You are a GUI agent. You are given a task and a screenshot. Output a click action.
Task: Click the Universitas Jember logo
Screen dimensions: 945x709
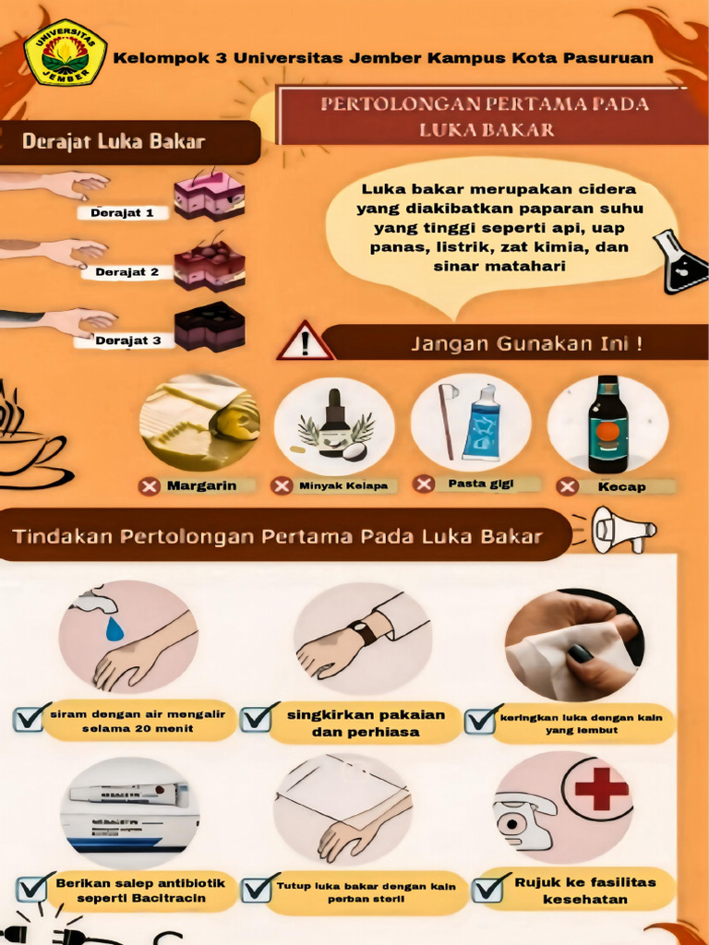click(x=65, y=53)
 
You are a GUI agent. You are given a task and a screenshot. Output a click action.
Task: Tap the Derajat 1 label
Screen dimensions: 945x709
click(x=122, y=213)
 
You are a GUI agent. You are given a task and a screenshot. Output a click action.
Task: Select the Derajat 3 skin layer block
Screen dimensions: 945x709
click(x=210, y=327)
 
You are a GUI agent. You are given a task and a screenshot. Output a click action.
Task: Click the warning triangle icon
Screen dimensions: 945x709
click(x=305, y=342)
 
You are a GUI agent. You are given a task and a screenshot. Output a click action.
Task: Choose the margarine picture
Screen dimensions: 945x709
click(x=199, y=423)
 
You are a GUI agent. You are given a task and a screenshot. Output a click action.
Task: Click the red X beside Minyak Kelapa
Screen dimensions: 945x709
click(x=282, y=485)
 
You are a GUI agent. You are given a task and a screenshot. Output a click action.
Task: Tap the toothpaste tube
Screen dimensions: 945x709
click(x=482, y=422)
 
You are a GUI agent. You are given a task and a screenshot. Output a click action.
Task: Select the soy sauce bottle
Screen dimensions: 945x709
click(x=607, y=425)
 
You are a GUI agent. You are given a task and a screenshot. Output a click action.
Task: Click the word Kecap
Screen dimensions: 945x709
click(x=621, y=486)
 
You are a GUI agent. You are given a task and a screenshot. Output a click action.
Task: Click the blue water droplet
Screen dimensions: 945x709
click(x=114, y=628)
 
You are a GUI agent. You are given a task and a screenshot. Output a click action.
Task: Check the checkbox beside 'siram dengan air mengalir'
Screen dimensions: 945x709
click(x=30, y=717)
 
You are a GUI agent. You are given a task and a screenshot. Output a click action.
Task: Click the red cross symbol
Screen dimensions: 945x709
click(x=601, y=789)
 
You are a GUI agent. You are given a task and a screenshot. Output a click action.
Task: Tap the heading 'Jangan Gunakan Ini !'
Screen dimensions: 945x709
click(x=526, y=343)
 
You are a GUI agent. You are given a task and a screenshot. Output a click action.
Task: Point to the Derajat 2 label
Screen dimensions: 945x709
click(x=127, y=272)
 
